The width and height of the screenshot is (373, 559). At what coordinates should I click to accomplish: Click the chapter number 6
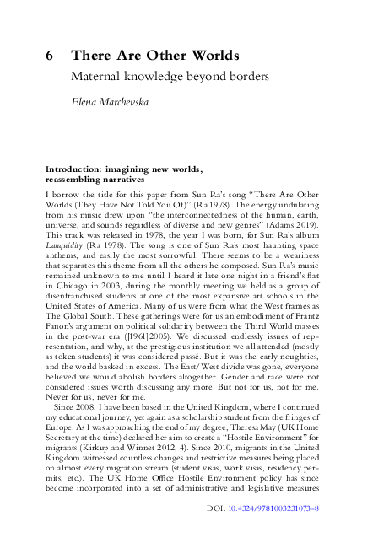pyautogui.click(x=51, y=56)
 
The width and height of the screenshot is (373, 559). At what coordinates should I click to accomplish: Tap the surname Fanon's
pyautogui.click(x=62, y=331)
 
